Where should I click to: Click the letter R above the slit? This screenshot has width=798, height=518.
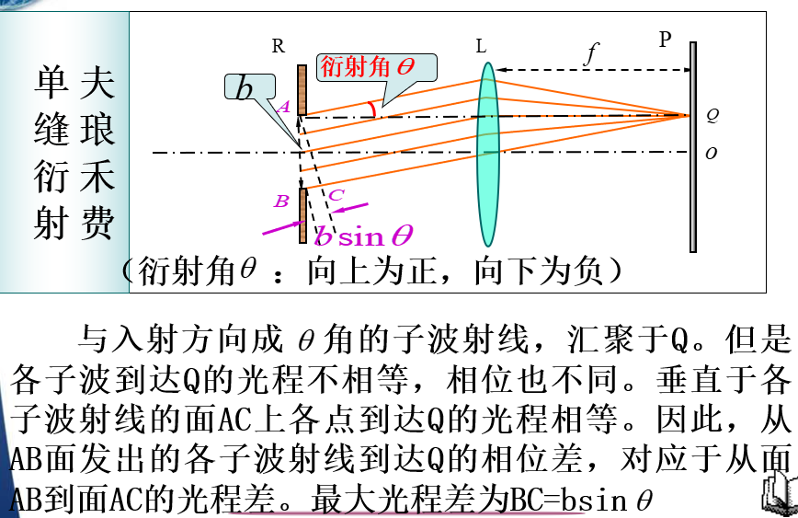[279, 46]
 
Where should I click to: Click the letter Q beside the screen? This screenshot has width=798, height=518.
[712, 116]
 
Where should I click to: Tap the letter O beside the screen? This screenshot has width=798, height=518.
[711, 154]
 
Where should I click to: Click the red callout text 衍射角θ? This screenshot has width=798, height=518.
[367, 67]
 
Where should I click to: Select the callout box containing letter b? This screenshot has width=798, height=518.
[245, 88]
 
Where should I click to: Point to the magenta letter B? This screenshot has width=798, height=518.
[281, 200]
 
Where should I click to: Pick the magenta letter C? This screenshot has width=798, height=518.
[336, 194]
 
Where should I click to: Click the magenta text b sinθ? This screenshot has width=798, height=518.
[364, 236]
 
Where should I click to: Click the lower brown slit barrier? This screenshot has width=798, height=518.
[302, 215]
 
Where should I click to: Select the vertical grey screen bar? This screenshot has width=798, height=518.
[693, 147]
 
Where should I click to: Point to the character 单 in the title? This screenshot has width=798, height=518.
[52, 83]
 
